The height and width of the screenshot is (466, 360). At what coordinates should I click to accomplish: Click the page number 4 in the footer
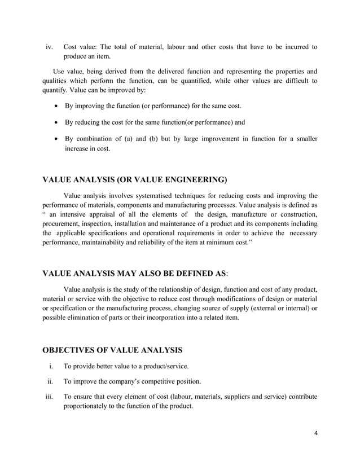click(x=316, y=433)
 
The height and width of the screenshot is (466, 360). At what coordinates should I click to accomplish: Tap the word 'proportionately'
click(x=89, y=407)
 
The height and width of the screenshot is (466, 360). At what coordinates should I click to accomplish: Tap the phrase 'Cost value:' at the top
click(x=82, y=47)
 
